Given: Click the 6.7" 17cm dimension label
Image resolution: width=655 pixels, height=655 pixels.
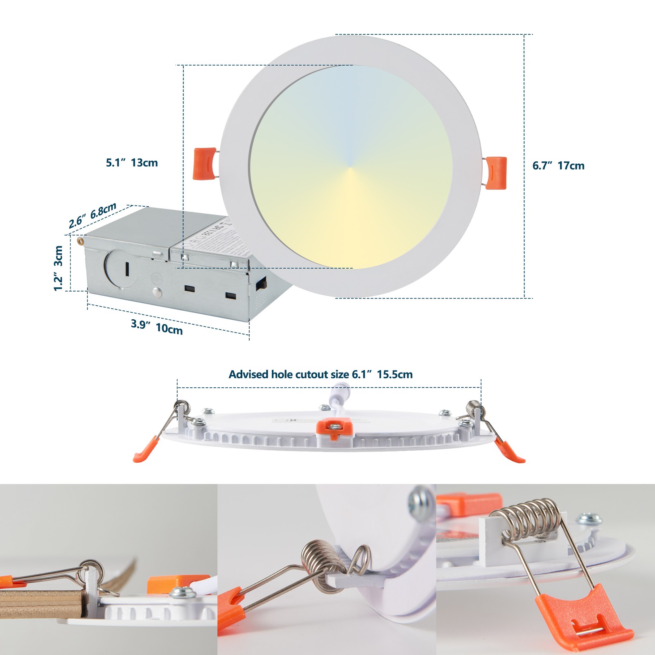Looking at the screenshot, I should (x=558, y=166).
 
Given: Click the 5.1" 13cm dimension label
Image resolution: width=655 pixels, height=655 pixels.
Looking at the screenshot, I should (x=132, y=163).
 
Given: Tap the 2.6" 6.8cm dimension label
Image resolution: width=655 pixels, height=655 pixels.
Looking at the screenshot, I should (x=93, y=215).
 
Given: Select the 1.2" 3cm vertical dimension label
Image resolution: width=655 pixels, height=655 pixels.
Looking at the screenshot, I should (x=59, y=268).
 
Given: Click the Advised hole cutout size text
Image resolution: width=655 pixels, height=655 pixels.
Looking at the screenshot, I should (x=320, y=374).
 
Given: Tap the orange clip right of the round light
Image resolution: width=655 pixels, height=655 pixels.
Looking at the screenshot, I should (x=497, y=173).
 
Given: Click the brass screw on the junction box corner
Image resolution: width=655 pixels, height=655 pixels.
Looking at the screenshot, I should (x=81, y=239).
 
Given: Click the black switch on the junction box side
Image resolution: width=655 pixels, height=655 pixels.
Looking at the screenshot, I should (x=261, y=283).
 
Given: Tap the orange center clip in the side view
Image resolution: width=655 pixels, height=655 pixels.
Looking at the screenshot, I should (x=335, y=430).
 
